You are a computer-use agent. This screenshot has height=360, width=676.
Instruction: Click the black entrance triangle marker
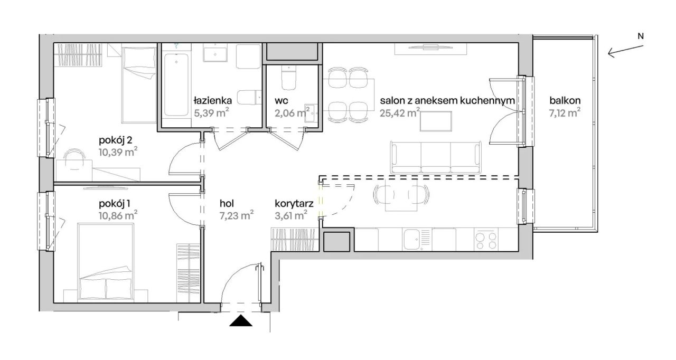(x=240, y=320)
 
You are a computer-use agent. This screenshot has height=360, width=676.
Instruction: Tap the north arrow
(x=625, y=51)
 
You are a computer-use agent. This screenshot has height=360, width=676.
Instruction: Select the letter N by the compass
(x=641, y=36)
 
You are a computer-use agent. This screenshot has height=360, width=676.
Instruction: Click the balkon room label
(x=565, y=100)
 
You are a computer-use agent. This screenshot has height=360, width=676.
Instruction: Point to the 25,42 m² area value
(x=400, y=113)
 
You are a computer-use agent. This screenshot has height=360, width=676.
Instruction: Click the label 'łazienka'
(x=213, y=100)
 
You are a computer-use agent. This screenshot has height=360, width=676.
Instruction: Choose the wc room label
(x=281, y=101)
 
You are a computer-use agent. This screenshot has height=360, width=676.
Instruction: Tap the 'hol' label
(x=227, y=204)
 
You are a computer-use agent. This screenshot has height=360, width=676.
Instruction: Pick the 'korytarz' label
(x=294, y=204)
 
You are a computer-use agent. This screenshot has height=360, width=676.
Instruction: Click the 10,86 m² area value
(x=118, y=215)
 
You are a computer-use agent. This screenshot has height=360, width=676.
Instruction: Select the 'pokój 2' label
(x=116, y=140)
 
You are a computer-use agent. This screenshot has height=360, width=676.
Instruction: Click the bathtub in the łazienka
(x=176, y=84)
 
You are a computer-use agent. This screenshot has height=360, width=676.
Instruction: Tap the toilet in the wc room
(x=289, y=78)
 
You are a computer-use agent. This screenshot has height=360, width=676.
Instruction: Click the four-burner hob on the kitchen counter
(x=486, y=240)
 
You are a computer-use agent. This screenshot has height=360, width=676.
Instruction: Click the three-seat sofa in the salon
(x=436, y=157)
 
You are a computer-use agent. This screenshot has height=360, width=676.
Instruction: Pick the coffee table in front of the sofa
(x=436, y=121)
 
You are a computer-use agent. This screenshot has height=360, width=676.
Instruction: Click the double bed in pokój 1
(x=106, y=262)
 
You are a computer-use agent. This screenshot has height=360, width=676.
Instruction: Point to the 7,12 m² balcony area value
(x=565, y=113)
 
